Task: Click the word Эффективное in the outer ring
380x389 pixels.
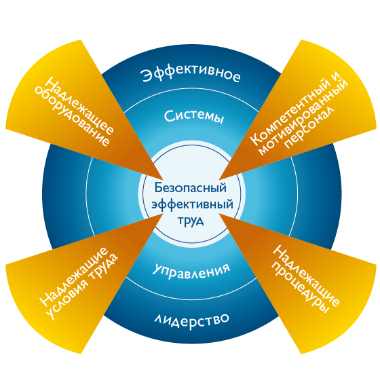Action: (x=190, y=73)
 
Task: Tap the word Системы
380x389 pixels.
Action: (x=194, y=116)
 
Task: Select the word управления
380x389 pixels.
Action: (x=191, y=270)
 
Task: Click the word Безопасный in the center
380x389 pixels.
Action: (x=191, y=188)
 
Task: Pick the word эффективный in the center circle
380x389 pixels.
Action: (x=192, y=205)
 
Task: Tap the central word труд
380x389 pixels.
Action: (x=191, y=221)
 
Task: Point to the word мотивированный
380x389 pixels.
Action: (x=303, y=117)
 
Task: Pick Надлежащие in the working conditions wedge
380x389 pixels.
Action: (x=74, y=276)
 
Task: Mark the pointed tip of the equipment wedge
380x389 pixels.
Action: (x=163, y=179)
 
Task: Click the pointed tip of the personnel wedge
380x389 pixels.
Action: (x=219, y=179)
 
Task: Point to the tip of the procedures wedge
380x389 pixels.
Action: (x=219, y=214)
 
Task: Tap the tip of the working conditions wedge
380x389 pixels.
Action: (x=163, y=214)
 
